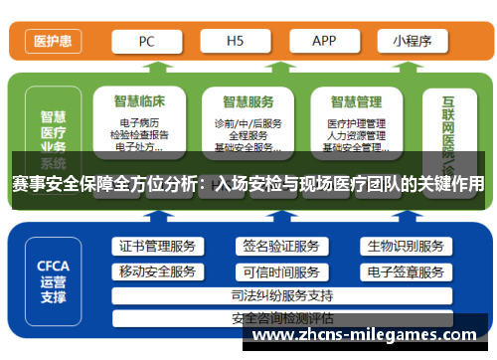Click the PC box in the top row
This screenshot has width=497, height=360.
click(x=145, y=41)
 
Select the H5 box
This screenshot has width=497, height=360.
click(x=236, y=41)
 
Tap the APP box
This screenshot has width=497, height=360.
click(x=324, y=41)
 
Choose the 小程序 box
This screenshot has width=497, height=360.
click(x=412, y=41)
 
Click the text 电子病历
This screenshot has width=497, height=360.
click(x=140, y=123)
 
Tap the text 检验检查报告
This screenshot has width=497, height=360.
click(x=140, y=135)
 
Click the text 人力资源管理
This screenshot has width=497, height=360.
click(x=356, y=135)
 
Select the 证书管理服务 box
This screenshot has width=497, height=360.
click(x=157, y=247)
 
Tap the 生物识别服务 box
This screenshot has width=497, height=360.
click(x=405, y=247)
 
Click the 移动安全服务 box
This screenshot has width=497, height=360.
click(x=157, y=271)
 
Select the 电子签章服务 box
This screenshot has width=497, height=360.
click(x=405, y=271)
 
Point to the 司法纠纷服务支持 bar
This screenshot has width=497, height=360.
click(x=281, y=295)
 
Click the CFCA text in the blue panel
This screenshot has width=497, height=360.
click(x=54, y=266)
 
